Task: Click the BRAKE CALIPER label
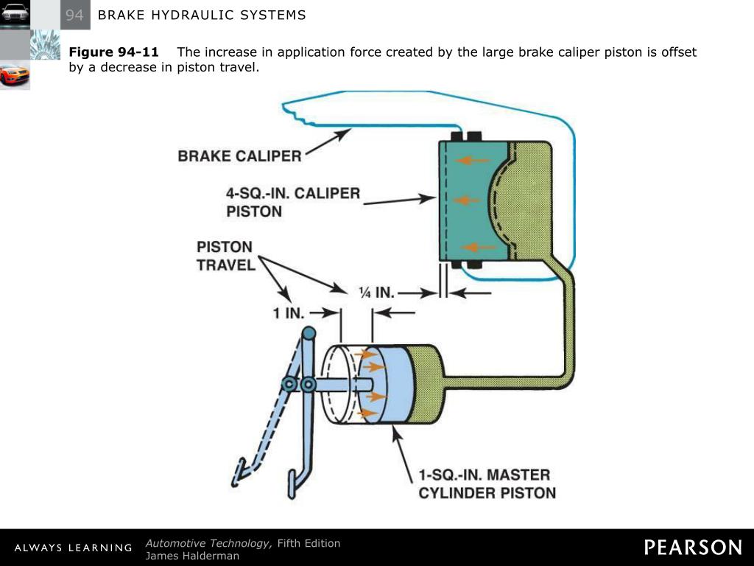[239, 156]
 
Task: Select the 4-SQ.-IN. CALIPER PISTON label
[292, 202]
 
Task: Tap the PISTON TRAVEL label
[225, 256]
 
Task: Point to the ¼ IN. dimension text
[376, 293]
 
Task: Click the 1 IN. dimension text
[289, 313]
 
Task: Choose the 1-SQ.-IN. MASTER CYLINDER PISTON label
[487, 483]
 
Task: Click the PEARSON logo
[693, 547]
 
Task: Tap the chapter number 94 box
[75, 15]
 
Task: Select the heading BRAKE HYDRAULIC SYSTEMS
[202, 15]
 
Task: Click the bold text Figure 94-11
[113, 52]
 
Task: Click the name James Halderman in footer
[192, 556]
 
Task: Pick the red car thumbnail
[15, 74]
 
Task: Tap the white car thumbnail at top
[15, 14]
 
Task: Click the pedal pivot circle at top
[309, 333]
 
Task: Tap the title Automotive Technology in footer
[208, 543]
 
